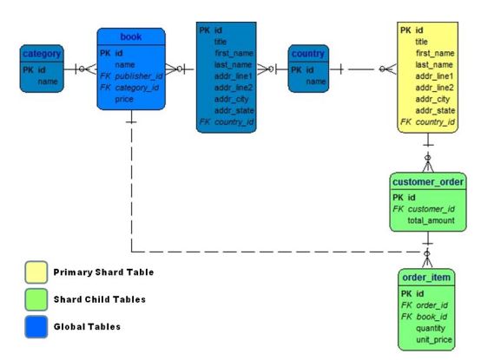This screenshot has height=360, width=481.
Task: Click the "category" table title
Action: pyautogui.click(x=41, y=54)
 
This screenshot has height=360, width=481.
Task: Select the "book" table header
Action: pyautogui.click(x=130, y=36)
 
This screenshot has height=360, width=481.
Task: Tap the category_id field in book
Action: pyautogui.click(x=138, y=88)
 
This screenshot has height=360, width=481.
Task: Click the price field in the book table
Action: pyautogui.click(x=124, y=100)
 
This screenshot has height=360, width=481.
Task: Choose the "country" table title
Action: pyautogui.click(x=308, y=54)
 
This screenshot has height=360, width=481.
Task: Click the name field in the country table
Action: pyautogui.click(x=316, y=82)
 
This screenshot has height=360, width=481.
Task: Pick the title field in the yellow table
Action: pyautogui.click(x=421, y=42)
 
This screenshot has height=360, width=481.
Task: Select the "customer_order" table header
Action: pyautogui.click(x=428, y=182)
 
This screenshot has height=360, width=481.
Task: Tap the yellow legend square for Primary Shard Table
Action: pyautogui.click(x=35, y=272)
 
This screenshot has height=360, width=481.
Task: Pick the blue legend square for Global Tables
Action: pyautogui.click(x=35, y=327)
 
